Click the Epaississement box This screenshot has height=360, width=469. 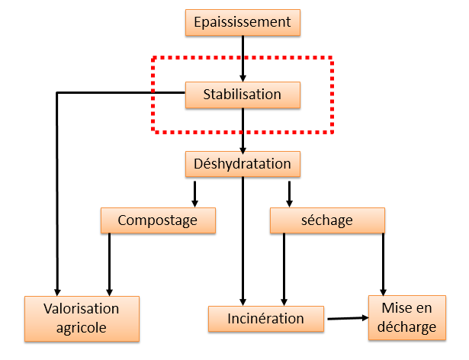tap(243, 22)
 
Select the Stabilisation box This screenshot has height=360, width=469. tap(243, 95)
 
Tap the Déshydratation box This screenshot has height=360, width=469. tap(243, 164)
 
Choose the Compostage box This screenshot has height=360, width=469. tap(158, 220)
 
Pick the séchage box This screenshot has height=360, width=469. tap(327, 220)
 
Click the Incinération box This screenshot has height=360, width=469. tap(266, 319)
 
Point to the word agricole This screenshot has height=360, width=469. tap(82, 328)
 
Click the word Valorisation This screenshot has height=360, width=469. tap(82, 309)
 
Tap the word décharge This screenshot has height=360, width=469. tap(406, 326)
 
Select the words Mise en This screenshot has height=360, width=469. tap(406, 308)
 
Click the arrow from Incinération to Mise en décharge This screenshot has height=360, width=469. tap(348, 318)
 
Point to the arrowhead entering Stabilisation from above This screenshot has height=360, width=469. tap(243, 79)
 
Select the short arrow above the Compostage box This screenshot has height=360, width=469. tap(194, 194)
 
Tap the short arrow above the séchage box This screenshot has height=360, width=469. tap(289, 194)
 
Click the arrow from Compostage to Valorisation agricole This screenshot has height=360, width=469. tap(110, 265)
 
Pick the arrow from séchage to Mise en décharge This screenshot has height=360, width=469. tap(383, 265)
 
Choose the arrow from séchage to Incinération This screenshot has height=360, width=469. tap(284, 270)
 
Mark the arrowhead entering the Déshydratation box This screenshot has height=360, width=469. tap(243, 150)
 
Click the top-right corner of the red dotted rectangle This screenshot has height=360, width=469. tap(332, 58)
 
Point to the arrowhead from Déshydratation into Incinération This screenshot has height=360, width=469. tap(243, 302)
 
